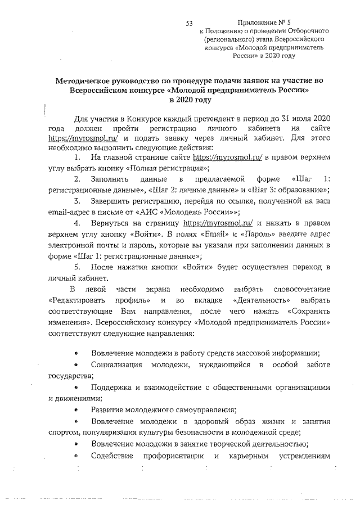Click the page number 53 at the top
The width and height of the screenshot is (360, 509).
click(x=189, y=23)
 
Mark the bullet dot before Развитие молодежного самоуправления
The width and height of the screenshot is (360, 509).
click(x=76, y=410)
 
